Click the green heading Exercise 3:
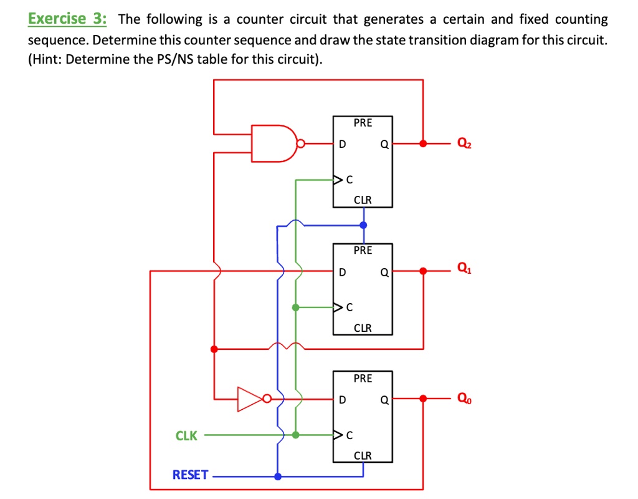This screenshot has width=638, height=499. pos(67,19)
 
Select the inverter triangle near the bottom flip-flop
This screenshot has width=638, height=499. pos(250,399)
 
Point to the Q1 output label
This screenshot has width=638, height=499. pos(464,269)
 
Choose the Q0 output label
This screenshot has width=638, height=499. pos(464,398)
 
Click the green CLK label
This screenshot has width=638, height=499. pos(186,436)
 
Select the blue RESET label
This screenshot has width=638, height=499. pos(190,475)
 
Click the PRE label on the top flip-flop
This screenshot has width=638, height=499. pos(363,123)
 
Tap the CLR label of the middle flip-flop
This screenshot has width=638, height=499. pos(363,328)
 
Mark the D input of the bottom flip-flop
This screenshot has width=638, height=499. pos(341,400)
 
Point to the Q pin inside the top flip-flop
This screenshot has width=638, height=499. pos(384,145)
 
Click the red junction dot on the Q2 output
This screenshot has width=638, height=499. pos(424,143)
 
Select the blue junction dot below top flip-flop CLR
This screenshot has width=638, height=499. pos(363,225)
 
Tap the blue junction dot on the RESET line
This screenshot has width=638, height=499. pos(278,476)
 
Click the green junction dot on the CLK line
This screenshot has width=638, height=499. pos(295,435)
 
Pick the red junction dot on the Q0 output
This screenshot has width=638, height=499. pos(424,398)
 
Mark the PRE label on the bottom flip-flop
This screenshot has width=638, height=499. pos(363,379)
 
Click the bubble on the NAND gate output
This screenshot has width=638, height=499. pos(300,143)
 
